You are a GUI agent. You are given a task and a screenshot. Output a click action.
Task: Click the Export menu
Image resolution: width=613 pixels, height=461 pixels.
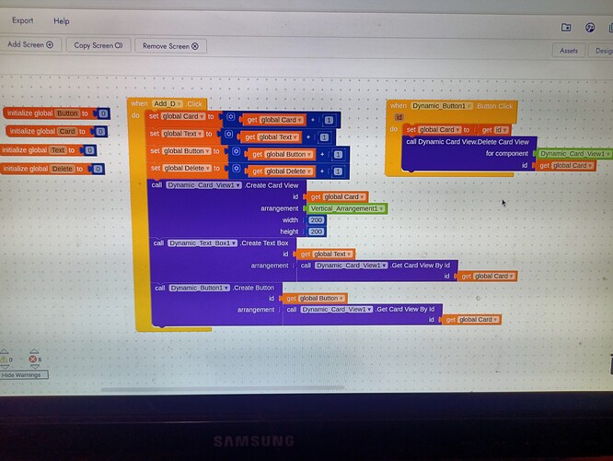[x=23, y=19]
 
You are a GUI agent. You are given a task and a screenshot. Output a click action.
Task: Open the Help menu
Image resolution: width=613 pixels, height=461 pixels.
[x=62, y=19]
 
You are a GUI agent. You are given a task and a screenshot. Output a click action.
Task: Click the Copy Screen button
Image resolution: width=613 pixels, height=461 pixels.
[x=98, y=44]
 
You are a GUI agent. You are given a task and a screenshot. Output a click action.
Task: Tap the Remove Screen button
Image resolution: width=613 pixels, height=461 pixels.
[x=170, y=44]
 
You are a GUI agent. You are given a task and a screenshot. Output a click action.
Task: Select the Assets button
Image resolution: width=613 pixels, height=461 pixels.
[x=569, y=51]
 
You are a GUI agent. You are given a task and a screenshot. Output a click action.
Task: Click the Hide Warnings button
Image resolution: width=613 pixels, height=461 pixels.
[x=20, y=375]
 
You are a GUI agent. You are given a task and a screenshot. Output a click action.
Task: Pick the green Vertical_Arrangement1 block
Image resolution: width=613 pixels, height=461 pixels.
[x=349, y=208]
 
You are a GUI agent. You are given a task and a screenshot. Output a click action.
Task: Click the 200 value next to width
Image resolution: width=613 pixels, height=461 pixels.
[x=317, y=220]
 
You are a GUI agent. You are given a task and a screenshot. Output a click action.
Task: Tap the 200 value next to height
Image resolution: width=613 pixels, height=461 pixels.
[x=317, y=231]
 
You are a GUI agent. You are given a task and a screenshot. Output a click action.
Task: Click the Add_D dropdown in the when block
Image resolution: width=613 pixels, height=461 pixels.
[x=168, y=104]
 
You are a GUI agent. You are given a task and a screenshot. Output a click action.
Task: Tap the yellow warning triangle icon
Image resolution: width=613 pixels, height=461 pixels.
[x=5, y=359]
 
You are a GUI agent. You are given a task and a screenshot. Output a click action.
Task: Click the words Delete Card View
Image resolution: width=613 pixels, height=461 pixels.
[x=502, y=141]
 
